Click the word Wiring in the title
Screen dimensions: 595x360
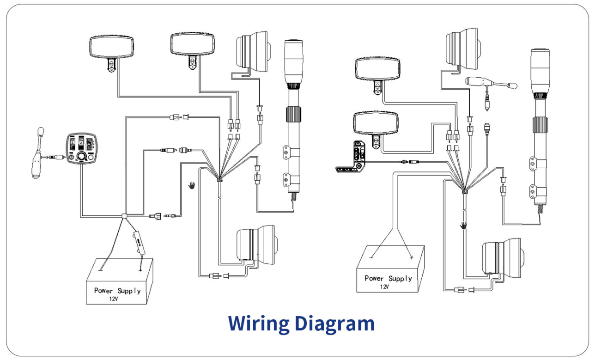click(x=258, y=324)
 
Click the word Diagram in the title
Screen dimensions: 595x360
click(x=334, y=324)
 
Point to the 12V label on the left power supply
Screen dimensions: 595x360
click(x=114, y=299)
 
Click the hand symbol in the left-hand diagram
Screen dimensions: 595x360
click(x=192, y=185)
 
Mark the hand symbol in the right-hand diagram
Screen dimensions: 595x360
click(x=463, y=226)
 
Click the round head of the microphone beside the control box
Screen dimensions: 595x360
click(x=41, y=131)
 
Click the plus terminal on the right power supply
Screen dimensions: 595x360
click(x=412, y=257)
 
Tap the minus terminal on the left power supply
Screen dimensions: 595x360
click(x=100, y=270)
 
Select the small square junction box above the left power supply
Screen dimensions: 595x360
click(x=124, y=216)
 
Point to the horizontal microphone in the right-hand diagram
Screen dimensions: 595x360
click(x=492, y=83)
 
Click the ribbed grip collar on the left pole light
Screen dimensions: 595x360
click(x=293, y=114)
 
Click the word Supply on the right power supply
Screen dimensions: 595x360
click(x=400, y=279)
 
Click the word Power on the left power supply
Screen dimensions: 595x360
click(x=103, y=290)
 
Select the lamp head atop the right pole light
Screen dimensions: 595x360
click(x=540, y=71)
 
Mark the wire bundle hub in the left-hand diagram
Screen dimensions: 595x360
click(x=220, y=180)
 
